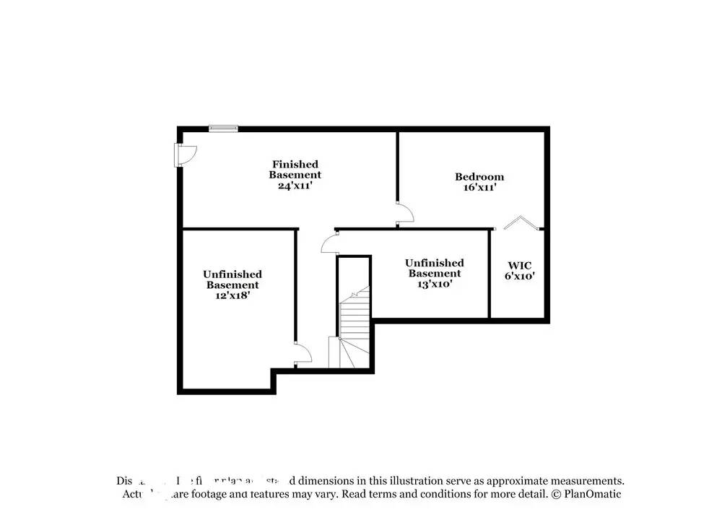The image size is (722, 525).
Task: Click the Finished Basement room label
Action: tap(295, 170)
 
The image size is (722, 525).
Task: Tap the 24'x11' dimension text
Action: tap(295, 186)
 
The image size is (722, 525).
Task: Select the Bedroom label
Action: tap(479, 177)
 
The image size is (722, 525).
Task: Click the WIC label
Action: tap(520, 266)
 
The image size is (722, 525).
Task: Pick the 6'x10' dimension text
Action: tap(520, 277)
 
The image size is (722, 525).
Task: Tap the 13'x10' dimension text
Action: tap(434, 285)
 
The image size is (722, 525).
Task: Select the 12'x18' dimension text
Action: tap(232, 296)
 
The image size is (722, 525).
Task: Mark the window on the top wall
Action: tap(223, 129)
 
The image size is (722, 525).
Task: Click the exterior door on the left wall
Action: tap(184, 155)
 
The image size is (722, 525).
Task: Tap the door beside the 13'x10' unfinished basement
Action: tap(329, 242)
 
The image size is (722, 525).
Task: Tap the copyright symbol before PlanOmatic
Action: tap(556, 495)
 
